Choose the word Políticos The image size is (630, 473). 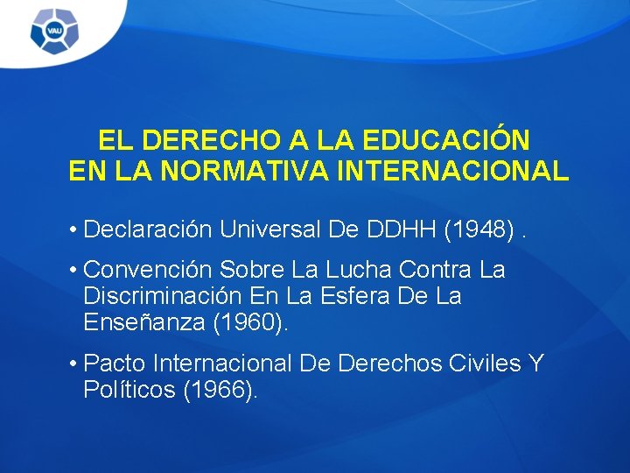[129, 390]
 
